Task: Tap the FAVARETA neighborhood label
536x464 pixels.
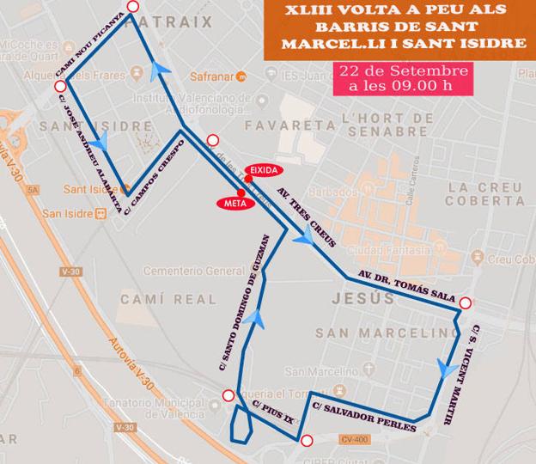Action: click(277, 125)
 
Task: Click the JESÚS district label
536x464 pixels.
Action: click(362, 299)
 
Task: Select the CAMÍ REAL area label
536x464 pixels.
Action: click(156, 299)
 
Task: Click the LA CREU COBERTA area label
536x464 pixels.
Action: click(485, 194)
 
